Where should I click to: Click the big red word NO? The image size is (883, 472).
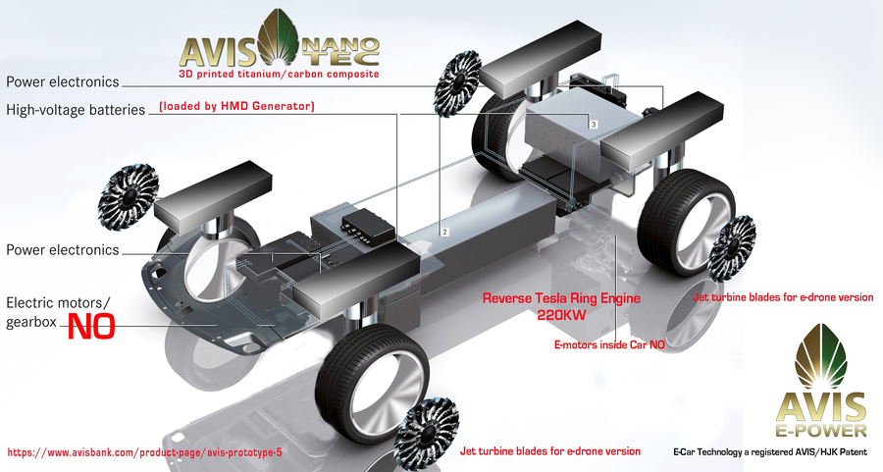[91, 327]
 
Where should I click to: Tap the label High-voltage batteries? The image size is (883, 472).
[76, 110]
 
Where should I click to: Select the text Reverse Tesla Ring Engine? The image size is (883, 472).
[561, 298]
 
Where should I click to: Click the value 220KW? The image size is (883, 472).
[561, 315]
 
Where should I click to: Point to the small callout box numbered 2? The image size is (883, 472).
[444, 232]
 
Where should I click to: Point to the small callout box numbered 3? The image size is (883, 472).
[594, 124]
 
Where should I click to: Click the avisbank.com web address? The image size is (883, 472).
[145, 452]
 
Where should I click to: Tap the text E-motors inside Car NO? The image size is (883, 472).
[610, 344]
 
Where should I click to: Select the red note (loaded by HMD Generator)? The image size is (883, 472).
[237, 106]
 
